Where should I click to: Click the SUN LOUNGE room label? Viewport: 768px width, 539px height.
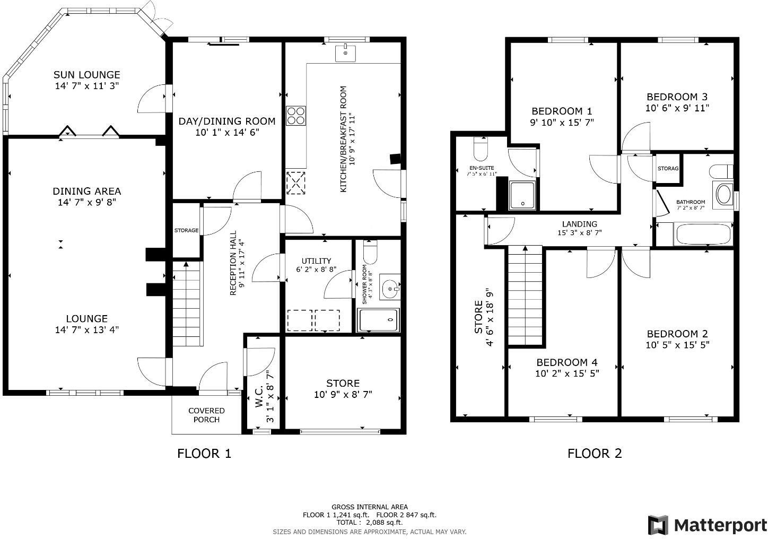point(87,75)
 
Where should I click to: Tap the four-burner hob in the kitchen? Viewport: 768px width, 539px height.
point(296,116)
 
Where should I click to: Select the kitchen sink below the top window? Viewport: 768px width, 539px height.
point(346,54)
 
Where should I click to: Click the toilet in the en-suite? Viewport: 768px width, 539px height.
point(481,150)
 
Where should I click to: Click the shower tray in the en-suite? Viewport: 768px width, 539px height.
point(522,195)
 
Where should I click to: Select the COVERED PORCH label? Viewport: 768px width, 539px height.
point(206,415)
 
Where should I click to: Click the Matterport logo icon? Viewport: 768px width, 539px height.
point(658,525)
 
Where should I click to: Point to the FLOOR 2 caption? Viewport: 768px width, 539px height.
point(595,453)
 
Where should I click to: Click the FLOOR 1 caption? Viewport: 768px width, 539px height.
point(204,453)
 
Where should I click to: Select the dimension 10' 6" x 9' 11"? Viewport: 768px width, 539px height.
point(677,108)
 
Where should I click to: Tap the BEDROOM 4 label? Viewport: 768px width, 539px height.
point(566,362)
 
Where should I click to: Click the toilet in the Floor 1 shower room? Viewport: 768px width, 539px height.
point(370,252)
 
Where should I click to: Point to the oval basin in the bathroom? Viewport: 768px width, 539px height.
point(723,194)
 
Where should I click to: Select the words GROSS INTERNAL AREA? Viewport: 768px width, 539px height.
point(370,507)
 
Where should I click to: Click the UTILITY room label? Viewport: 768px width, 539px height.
point(316,260)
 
